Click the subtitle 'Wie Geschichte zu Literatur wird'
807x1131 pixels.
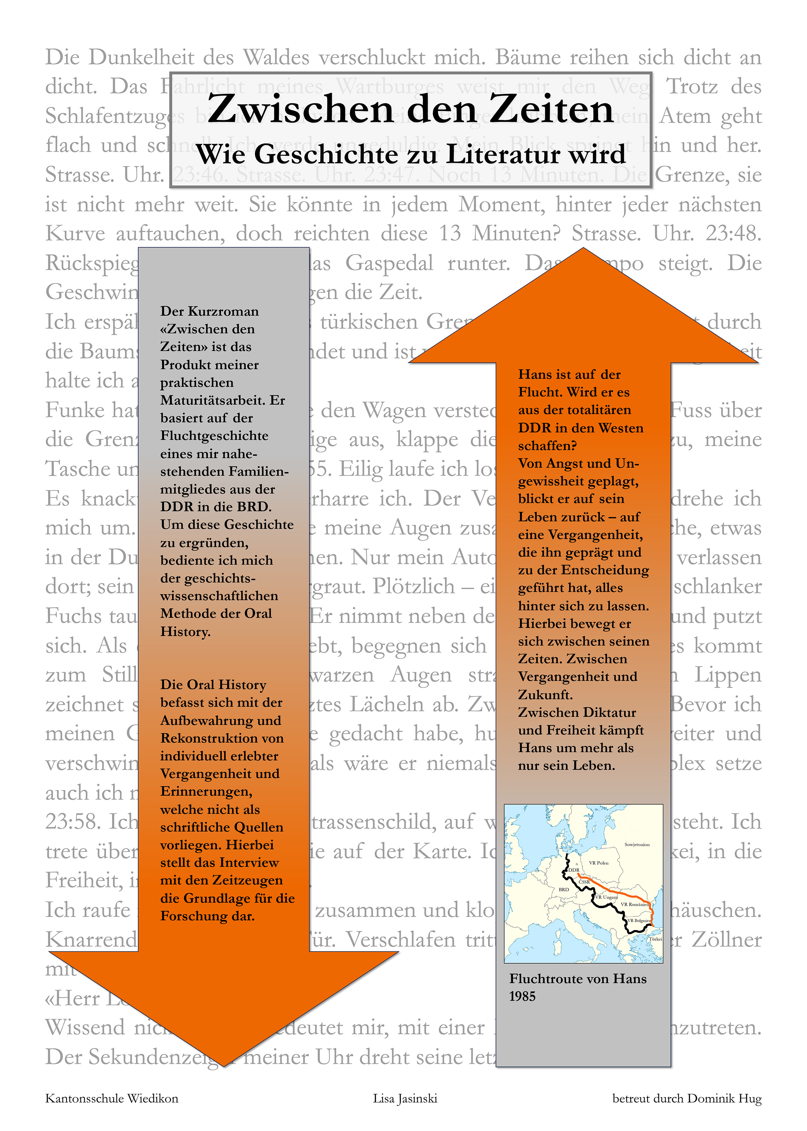tap(411, 154)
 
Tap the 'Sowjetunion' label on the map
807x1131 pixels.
tap(637, 844)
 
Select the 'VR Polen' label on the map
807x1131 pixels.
tap(598, 863)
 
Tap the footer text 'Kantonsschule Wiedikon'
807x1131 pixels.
tap(111, 1098)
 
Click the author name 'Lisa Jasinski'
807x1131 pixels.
tap(405, 1098)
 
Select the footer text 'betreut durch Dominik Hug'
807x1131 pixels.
tap(687, 1098)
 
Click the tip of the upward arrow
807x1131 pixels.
tap(583, 249)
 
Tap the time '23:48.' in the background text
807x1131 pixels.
tap(733, 233)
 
